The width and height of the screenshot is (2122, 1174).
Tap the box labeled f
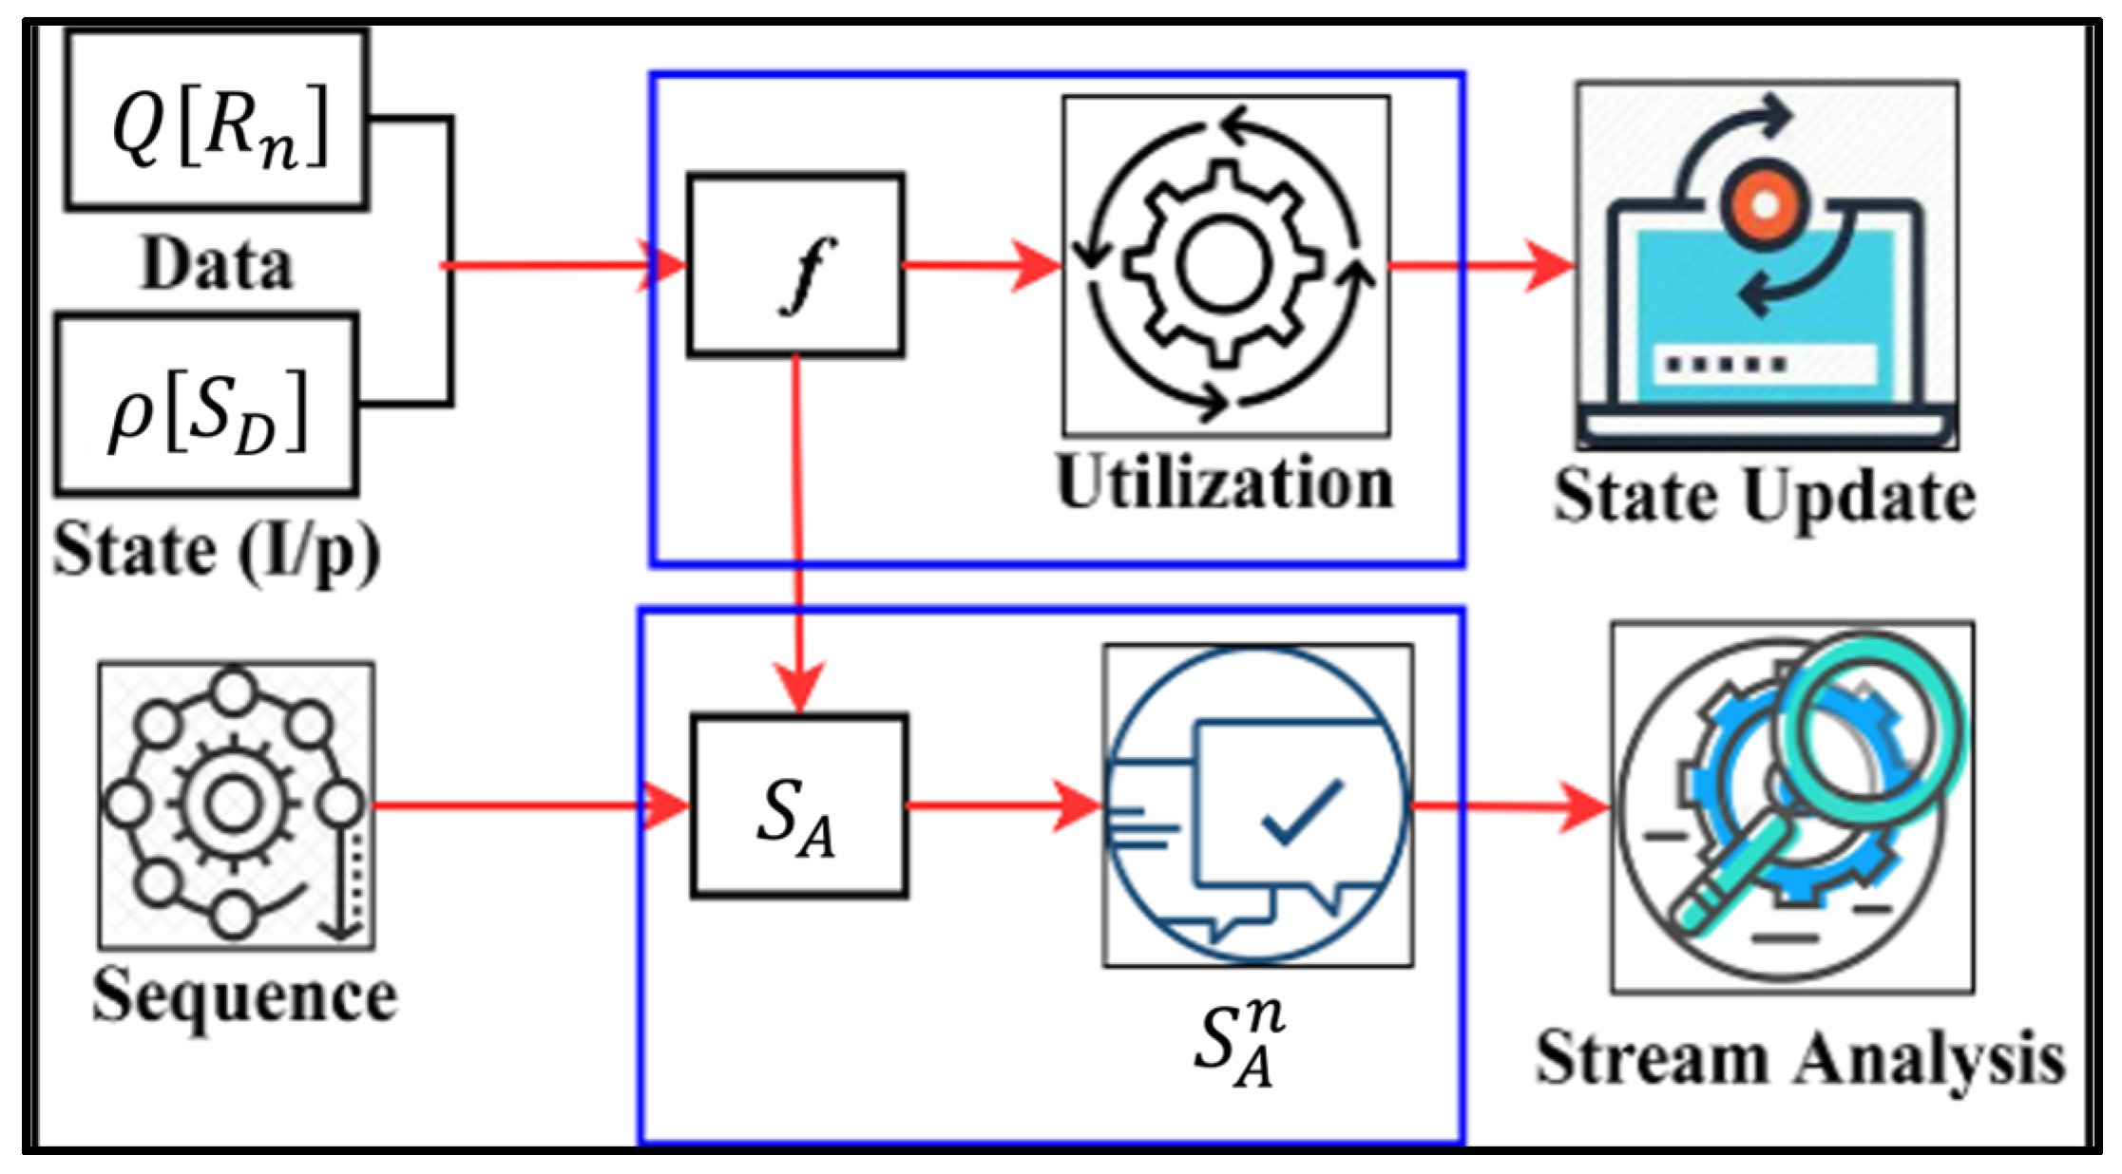795,265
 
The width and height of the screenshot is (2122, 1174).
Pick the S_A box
799,806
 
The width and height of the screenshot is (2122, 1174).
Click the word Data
217,264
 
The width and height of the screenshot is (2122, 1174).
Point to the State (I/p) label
217,551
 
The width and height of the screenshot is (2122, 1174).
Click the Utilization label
1225,483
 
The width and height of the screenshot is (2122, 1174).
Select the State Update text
1765,497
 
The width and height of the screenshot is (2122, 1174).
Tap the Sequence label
245,997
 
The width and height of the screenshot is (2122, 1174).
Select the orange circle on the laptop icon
1765,204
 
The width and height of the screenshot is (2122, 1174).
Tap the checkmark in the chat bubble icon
1303,813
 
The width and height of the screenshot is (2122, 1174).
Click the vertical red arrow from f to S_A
798,532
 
